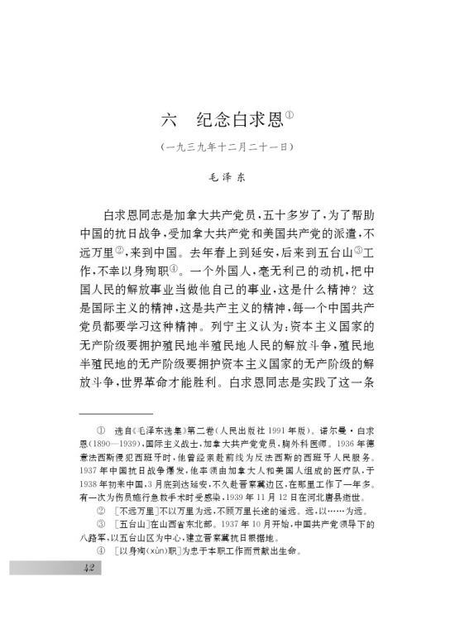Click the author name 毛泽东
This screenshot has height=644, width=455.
(x=227, y=175)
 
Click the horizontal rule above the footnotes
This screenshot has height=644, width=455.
(x=116, y=412)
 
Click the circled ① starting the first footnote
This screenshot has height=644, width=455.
(x=100, y=431)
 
